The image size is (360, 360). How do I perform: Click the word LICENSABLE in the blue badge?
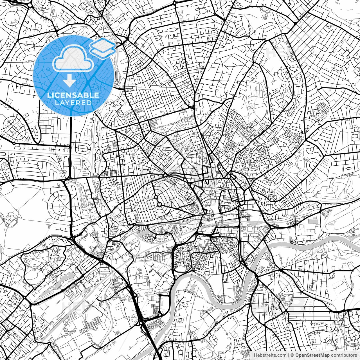73,95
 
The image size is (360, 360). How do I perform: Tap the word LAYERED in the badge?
73,103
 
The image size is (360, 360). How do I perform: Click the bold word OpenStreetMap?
312,355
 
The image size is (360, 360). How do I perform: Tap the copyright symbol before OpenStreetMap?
292,355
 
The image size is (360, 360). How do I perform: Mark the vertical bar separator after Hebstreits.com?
289,355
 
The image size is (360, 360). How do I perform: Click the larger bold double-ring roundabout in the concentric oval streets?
159,204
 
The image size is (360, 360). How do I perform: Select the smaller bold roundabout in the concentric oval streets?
156,197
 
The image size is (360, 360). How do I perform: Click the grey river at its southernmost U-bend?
228,302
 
